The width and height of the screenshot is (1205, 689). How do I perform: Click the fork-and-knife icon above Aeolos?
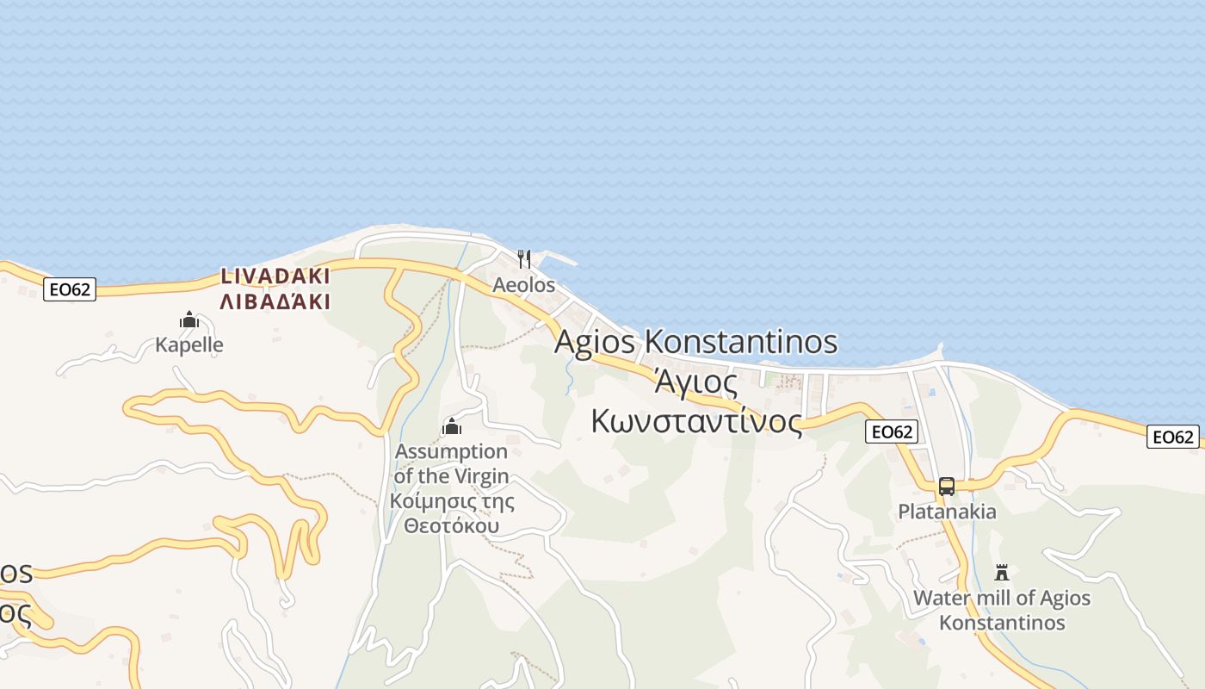click(x=524, y=258)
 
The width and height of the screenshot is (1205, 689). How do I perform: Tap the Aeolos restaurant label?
click(x=523, y=284)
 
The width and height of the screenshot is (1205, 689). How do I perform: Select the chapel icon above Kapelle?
click(x=189, y=320)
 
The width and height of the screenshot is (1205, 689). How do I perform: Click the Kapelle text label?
click(x=189, y=345)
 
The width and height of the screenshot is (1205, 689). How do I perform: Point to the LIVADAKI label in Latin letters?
click(x=275, y=276)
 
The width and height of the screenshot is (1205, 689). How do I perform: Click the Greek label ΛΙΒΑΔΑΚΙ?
click(x=275, y=301)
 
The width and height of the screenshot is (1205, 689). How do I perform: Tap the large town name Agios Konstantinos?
click(x=695, y=341)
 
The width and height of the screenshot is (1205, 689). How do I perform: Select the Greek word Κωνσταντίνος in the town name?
click(x=696, y=421)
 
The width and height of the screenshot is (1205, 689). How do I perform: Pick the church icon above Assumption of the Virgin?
click(x=452, y=426)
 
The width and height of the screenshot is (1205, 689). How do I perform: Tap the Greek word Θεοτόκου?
click(x=452, y=525)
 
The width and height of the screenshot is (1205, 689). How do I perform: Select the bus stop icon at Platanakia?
click(x=947, y=487)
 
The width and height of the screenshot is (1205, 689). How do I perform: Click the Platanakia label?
click(x=947, y=512)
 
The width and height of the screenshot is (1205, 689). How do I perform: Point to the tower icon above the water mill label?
click(x=1002, y=573)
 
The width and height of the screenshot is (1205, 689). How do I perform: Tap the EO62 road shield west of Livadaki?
click(x=70, y=289)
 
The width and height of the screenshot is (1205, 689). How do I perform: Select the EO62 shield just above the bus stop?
click(x=892, y=432)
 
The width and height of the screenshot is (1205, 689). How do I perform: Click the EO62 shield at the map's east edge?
click(x=1172, y=438)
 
